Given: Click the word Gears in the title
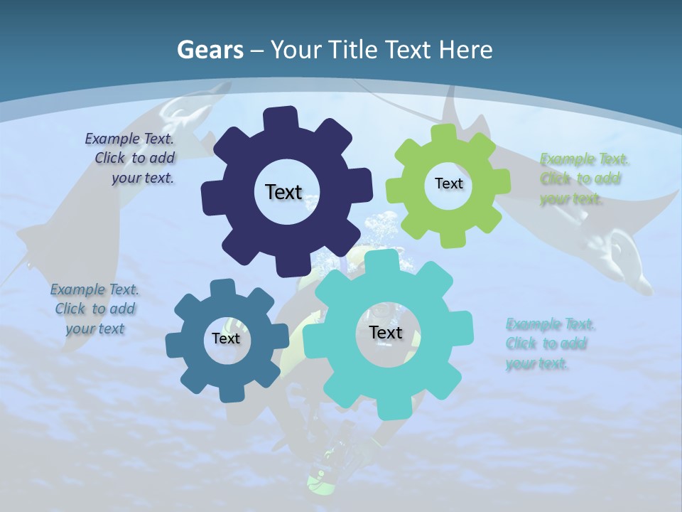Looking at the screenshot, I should [x=209, y=50].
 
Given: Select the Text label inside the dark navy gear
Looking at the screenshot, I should [x=283, y=192].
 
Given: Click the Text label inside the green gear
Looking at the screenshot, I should [x=448, y=183].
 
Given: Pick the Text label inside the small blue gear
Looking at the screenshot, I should [x=226, y=338].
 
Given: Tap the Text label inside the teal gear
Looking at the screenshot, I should [x=386, y=332].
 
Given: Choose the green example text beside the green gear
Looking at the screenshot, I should [x=584, y=178].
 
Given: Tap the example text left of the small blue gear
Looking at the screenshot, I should [x=95, y=309].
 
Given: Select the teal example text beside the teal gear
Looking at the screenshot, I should [x=550, y=343].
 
